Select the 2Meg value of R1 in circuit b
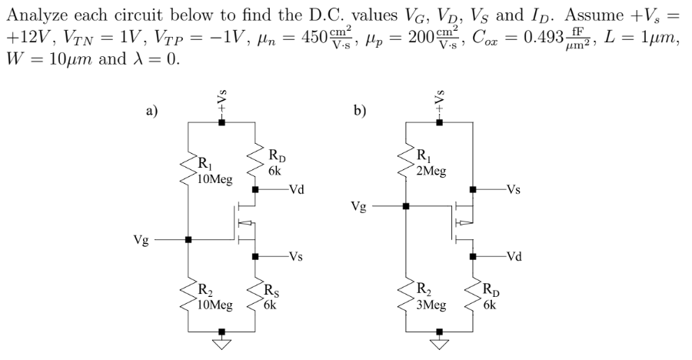(x=430, y=172)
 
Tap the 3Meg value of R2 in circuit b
(x=430, y=305)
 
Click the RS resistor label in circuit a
(x=271, y=291)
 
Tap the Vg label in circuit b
(x=358, y=206)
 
